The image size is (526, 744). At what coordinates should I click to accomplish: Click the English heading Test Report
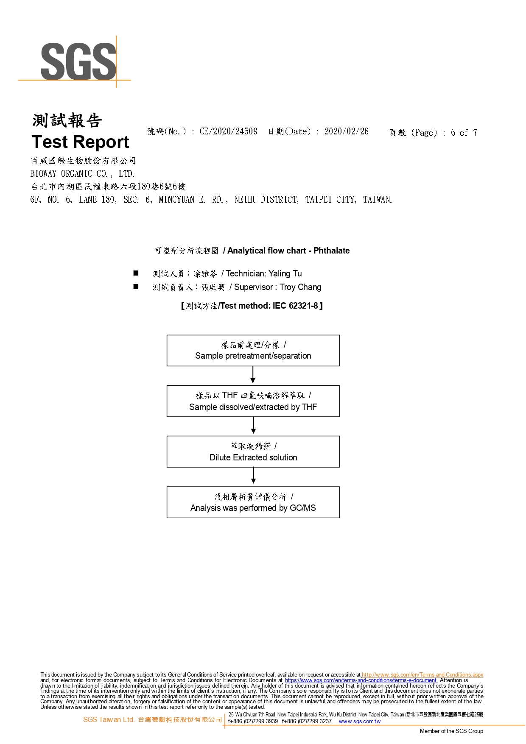point(80,142)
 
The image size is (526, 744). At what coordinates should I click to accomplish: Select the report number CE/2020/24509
point(228,131)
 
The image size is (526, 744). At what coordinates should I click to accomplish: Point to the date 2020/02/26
point(347,131)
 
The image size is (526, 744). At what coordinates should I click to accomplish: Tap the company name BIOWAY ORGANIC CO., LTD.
point(82,174)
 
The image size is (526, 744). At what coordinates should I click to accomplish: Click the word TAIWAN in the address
point(378,200)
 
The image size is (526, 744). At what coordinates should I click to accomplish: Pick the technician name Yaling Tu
point(285,274)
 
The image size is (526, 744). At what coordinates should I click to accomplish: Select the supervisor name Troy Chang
point(300,287)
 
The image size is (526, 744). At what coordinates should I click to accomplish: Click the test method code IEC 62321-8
point(295,306)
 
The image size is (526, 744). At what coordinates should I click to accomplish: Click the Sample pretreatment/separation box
point(253,351)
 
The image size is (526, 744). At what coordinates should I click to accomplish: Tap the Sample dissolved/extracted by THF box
point(253,401)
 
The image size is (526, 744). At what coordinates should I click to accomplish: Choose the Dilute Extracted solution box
point(253,451)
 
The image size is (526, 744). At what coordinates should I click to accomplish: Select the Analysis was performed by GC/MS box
point(253,502)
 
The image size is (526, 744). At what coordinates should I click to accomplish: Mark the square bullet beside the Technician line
point(136,273)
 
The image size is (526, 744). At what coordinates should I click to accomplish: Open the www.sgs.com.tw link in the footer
point(360,721)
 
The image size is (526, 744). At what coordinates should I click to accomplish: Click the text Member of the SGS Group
point(451,731)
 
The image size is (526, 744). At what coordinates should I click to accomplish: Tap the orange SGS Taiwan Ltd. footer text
point(109,719)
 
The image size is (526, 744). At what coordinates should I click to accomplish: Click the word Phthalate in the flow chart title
point(332,251)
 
